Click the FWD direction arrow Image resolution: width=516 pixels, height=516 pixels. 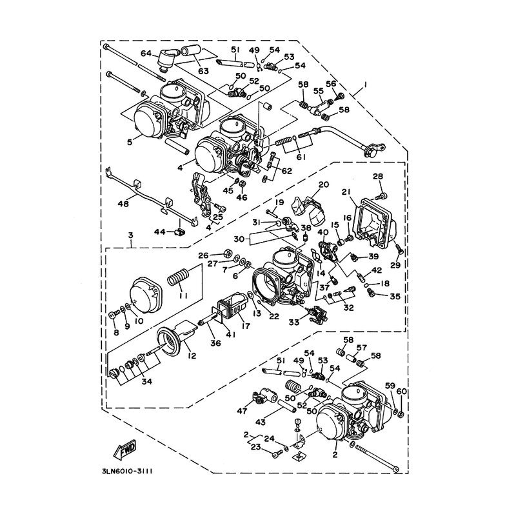click(125, 448)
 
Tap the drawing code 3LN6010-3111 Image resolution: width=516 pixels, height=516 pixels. click(126, 471)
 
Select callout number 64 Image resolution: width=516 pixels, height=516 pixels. click(148, 54)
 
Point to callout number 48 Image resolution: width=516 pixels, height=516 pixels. click(123, 204)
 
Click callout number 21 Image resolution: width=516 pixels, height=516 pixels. click(345, 192)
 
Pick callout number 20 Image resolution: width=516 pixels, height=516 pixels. click(323, 184)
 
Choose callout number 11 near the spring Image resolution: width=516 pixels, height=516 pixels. click(183, 296)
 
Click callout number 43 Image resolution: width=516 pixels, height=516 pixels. click(261, 422)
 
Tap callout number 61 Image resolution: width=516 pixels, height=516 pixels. click(301, 157)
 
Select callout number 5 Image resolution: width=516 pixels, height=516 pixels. click(130, 142)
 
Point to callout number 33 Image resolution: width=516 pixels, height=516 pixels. click(294, 322)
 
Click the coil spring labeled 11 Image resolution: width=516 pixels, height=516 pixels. click(179, 277)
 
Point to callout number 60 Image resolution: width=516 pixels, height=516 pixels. click(402, 392)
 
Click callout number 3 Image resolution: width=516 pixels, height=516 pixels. click(131, 235)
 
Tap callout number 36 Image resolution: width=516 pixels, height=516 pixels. click(215, 342)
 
